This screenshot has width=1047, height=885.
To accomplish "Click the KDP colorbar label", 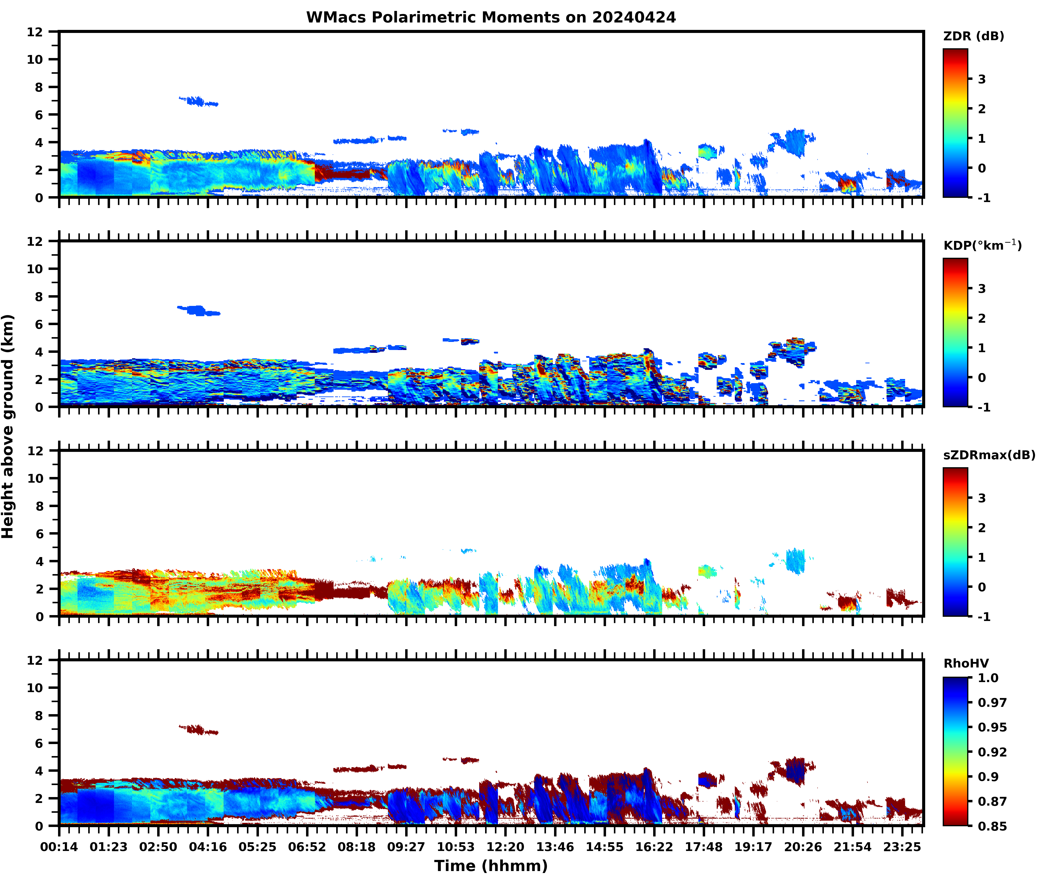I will (x=982, y=245).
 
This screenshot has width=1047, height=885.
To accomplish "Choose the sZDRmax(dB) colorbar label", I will (x=989, y=455).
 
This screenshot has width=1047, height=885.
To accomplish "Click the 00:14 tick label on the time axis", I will (x=59, y=847).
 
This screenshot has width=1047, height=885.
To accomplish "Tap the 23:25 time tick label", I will (x=902, y=847).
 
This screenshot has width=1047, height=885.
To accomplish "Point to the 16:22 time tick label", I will (x=654, y=847).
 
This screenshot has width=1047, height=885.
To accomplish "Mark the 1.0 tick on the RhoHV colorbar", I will (x=988, y=678).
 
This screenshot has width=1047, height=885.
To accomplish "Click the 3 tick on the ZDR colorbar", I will (x=982, y=79).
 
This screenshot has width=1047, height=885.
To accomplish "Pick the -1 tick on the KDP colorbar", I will (x=984, y=407).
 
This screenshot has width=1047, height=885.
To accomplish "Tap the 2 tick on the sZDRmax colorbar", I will (x=982, y=528).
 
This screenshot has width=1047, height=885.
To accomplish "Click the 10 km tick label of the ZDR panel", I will (x=35, y=59).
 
